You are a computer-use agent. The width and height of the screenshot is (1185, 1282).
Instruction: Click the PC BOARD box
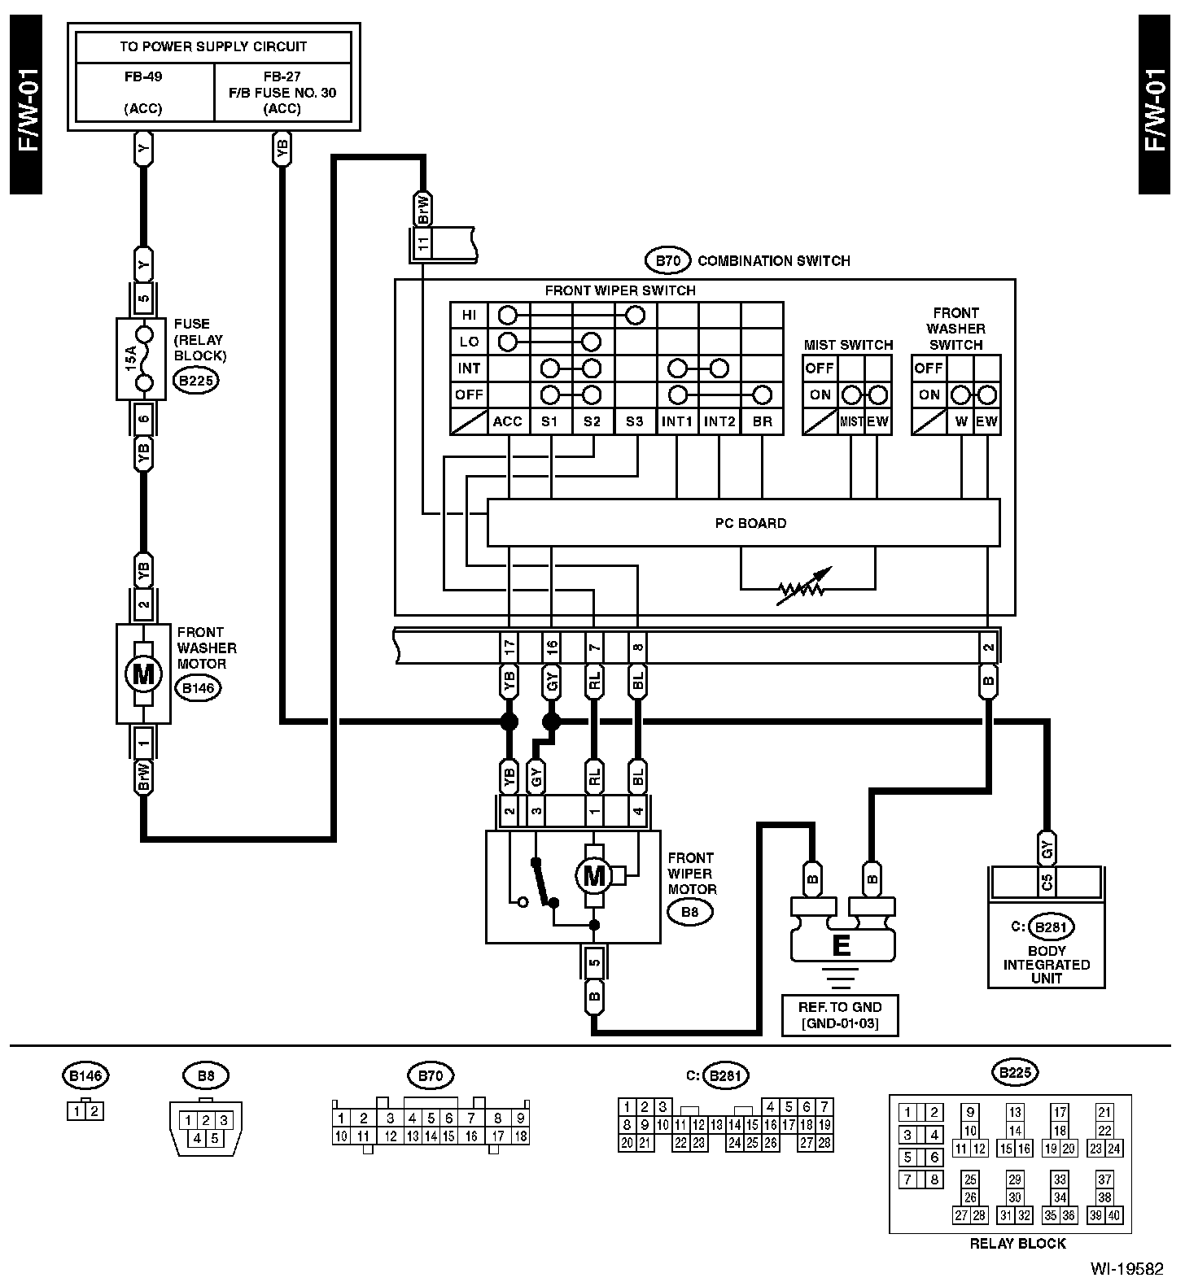(743, 522)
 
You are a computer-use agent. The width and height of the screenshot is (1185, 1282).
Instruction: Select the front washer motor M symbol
(143, 674)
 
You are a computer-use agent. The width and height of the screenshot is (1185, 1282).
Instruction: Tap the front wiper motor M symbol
(594, 875)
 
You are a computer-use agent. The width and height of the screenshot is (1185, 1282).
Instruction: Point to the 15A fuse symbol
(143, 358)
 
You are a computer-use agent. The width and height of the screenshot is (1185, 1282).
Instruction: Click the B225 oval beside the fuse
(196, 379)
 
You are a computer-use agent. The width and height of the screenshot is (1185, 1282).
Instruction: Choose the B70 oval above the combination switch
(667, 261)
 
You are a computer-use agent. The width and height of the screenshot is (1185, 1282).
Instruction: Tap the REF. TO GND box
(840, 1014)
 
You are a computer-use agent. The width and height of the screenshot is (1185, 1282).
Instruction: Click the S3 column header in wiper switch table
(635, 421)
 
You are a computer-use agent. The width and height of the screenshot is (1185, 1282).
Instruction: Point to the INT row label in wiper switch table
(470, 368)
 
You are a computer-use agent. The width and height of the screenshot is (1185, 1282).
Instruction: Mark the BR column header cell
(762, 421)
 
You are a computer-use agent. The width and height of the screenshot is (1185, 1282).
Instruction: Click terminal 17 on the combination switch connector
(509, 648)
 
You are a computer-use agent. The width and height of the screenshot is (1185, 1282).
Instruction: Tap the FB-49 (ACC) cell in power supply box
(144, 93)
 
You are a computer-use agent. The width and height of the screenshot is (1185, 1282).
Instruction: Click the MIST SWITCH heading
(848, 345)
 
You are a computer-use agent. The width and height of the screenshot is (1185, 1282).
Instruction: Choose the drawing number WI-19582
(1128, 1267)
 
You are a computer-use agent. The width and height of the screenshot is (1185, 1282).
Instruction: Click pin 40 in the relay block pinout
(1114, 1215)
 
